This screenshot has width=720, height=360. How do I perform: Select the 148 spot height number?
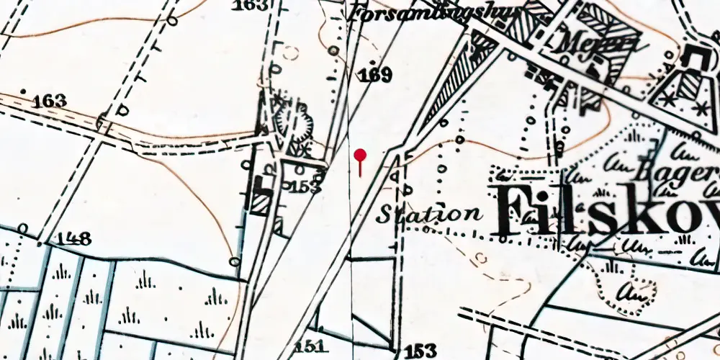point(76,239)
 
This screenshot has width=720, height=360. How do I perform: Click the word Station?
point(430,214)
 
